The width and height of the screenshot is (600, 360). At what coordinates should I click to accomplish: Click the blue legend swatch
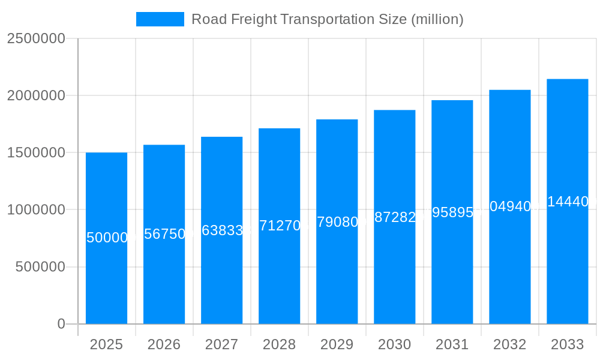point(160,19)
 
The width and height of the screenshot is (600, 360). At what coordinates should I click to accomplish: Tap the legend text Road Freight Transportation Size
point(327,19)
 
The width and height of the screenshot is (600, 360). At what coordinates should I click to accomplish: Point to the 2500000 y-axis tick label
point(35,38)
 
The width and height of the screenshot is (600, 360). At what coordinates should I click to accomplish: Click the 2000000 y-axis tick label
point(35,95)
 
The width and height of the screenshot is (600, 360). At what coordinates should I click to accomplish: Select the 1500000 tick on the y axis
point(35,152)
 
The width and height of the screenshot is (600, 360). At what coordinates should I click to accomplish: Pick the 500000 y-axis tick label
point(40,267)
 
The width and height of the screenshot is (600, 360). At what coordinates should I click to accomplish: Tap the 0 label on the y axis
point(61,324)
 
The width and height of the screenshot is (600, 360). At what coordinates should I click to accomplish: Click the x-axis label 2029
point(337,344)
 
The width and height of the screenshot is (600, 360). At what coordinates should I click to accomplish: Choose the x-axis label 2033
point(567,344)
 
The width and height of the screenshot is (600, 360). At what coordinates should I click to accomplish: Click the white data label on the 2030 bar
point(394,217)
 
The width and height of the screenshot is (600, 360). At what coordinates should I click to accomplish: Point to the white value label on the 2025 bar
point(106,238)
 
